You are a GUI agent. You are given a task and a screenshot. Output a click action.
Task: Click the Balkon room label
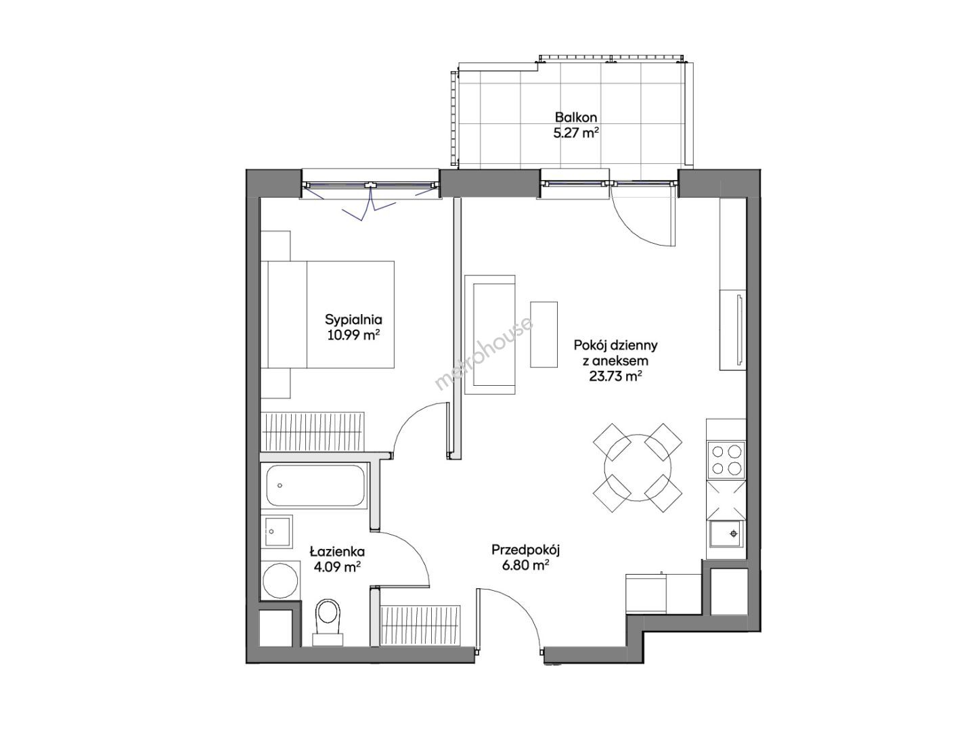[575, 118]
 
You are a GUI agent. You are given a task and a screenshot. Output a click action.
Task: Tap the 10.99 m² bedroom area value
[353, 334]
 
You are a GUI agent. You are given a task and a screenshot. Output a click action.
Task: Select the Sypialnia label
[353, 319]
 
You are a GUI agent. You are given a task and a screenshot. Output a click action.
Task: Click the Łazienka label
[337, 552]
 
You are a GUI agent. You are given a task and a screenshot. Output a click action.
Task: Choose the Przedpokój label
[525, 550]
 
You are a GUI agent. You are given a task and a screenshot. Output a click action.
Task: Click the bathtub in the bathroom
[315, 485]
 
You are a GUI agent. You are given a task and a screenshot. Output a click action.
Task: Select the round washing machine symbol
[280, 581]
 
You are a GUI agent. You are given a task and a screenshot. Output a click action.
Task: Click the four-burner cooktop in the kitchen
[726, 460]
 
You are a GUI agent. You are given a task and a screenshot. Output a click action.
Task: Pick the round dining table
[637, 468]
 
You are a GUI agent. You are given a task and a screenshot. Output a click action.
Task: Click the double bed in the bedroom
[327, 315]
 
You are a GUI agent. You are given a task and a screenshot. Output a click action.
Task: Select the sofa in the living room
[489, 334]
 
